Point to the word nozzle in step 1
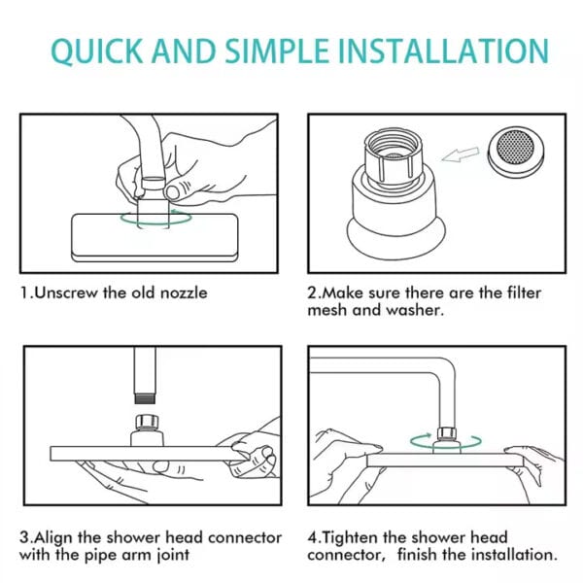point(184,293)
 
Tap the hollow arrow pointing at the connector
point(461,154)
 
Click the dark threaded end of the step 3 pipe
point(145,399)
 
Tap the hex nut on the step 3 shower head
point(147,422)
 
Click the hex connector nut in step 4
point(447,433)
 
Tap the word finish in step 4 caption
point(417,555)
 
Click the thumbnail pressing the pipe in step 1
point(173,191)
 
